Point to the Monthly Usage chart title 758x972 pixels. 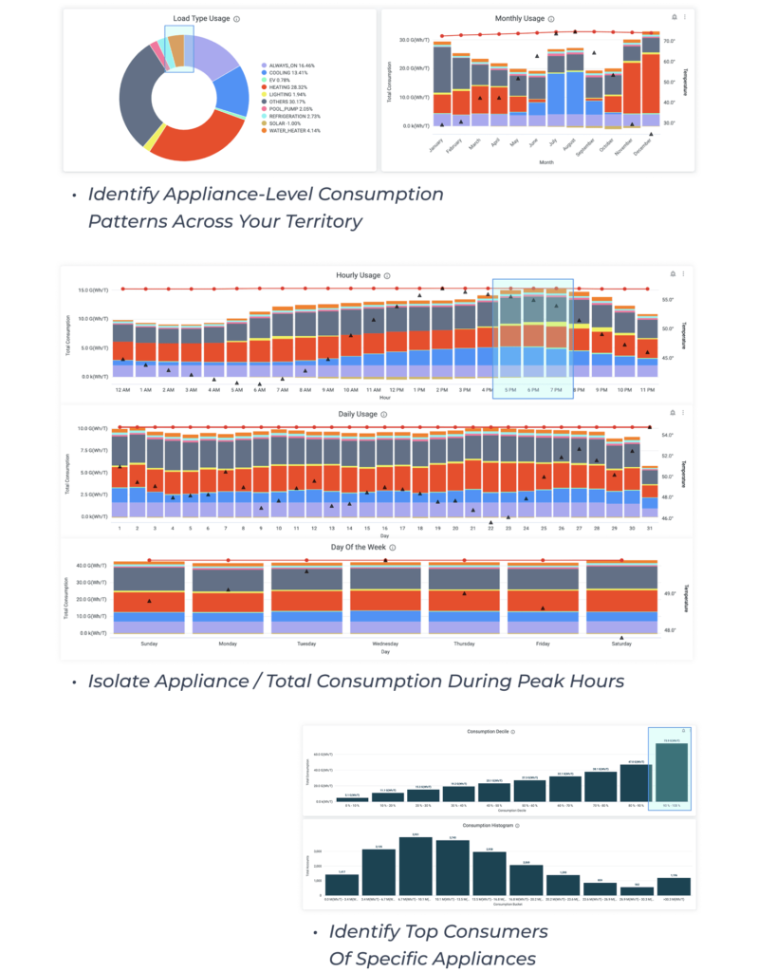pos(520,18)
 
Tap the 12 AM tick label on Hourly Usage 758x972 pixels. pos(122,390)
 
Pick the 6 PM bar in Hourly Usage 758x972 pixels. pos(533,342)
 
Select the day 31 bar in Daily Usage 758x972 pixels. pos(650,489)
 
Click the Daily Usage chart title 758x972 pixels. pos(358,414)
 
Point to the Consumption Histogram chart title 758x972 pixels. pos(489,826)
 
